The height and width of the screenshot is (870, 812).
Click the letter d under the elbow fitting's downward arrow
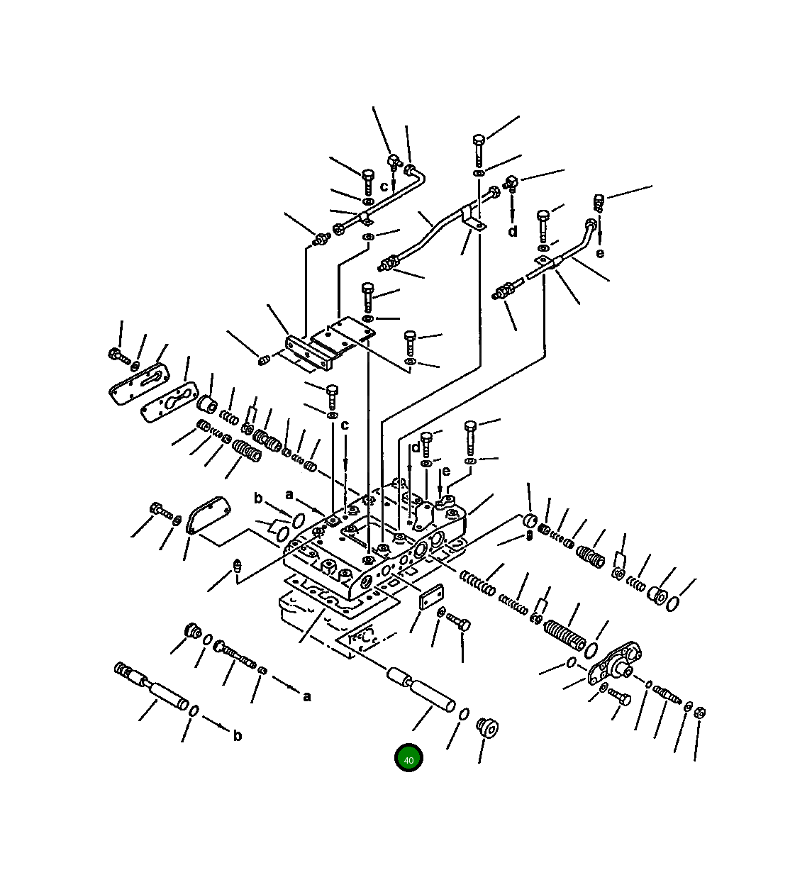click(x=512, y=231)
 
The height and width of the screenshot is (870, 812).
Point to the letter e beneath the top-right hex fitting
click(x=599, y=252)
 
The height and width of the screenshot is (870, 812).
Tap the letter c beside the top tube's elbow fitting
click(x=384, y=186)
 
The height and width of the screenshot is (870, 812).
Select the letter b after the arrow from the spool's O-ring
click(x=237, y=735)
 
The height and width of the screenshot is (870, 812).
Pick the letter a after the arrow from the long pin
click(x=307, y=696)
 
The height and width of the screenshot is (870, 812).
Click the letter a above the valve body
click(x=289, y=495)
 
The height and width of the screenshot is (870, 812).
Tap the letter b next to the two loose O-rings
click(x=258, y=498)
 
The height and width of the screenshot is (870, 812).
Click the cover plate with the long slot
click(x=139, y=384)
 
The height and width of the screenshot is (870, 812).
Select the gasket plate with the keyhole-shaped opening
click(x=169, y=402)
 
